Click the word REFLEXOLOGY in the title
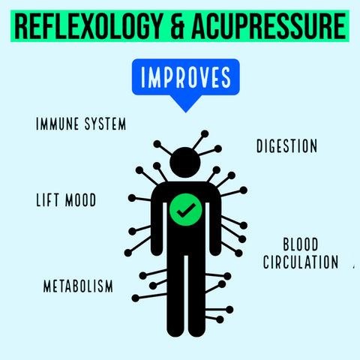[x=88, y=26]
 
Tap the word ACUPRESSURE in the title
[x=269, y=26]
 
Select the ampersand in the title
[x=177, y=26]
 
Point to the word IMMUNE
[x=58, y=124]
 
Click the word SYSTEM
[x=105, y=124]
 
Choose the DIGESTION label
[x=286, y=146]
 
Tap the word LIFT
[x=47, y=200]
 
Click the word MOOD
[x=80, y=200]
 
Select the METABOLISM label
[x=78, y=286]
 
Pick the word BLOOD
[x=301, y=244]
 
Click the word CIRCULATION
[x=301, y=262]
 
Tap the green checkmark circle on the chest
[x=186, y=209]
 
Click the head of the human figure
[x=185, y=163]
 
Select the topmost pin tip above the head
[x=205, y=134]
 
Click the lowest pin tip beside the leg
[x=220, y=319]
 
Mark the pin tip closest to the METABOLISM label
[x=135, y=298]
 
